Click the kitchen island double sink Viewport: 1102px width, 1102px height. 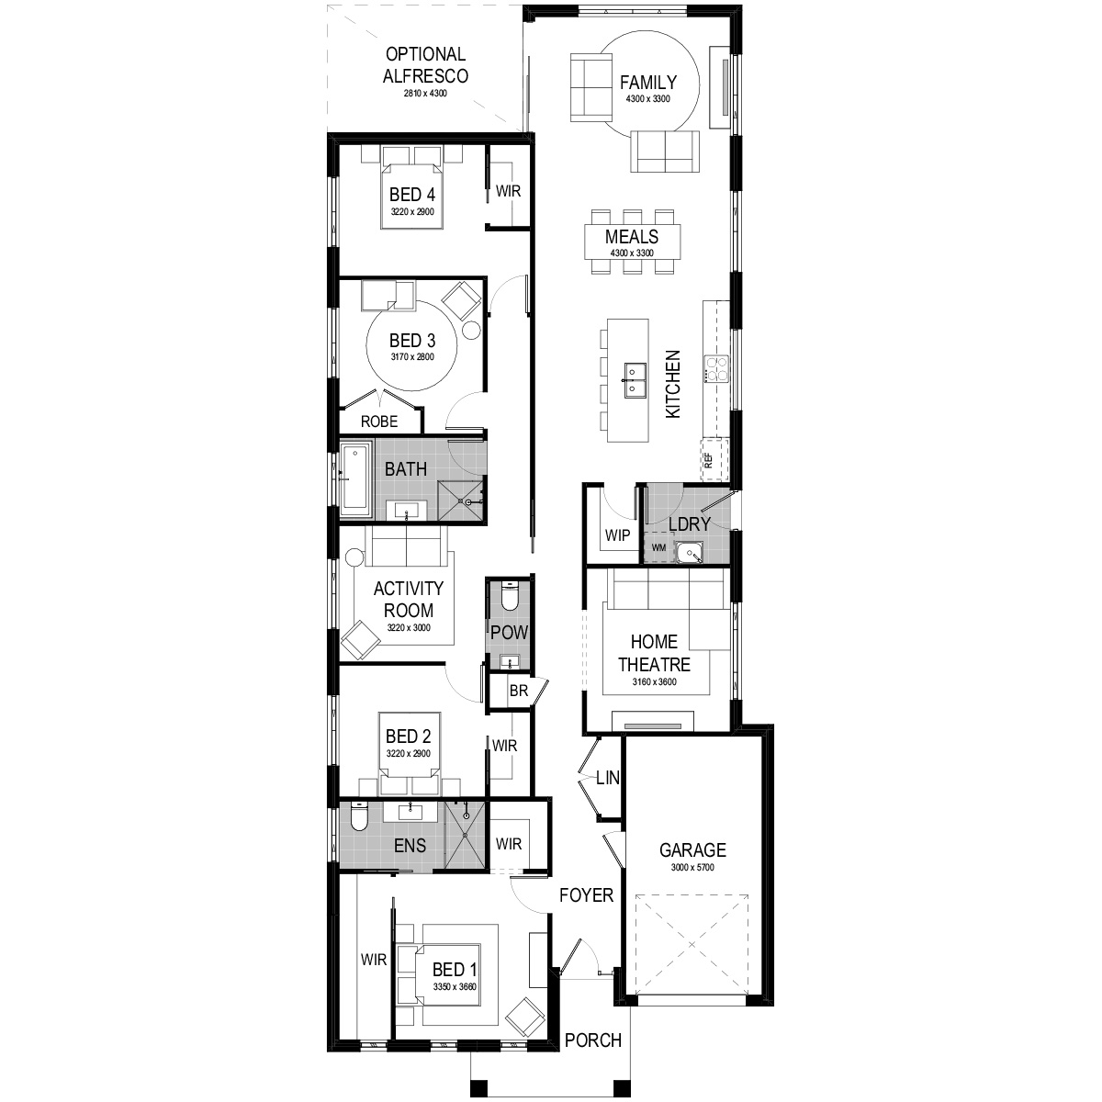click(635, 379)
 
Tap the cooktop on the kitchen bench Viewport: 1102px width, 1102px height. click(716, 369)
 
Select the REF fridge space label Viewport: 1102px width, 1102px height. click(709, 460)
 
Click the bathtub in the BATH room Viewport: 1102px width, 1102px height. click(355, 478)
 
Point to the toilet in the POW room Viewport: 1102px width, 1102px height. click(509, 595)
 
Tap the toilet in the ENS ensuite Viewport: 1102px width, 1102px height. click(359, 817)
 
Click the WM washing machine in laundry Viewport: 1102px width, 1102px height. click(658, 547)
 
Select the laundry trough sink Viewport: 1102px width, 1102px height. click(690, 552)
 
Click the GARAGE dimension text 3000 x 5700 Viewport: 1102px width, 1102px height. click(692, 868)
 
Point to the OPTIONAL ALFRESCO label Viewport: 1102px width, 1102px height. click(425, 64)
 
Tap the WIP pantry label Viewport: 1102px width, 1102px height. click(618, 535)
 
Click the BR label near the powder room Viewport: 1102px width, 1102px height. click(519, 691)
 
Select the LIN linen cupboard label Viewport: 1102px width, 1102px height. click(607, 777)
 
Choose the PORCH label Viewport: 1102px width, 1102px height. click(593, 1040)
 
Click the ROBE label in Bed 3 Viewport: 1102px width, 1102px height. click(379, 422)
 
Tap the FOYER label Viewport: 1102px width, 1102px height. click(586, 895)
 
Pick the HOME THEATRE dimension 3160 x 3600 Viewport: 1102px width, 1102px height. click(654, 681)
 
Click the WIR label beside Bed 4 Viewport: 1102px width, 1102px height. click(509, 191)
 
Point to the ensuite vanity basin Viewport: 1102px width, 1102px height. click(410, 810)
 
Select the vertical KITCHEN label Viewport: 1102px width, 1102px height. click(673, 384)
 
